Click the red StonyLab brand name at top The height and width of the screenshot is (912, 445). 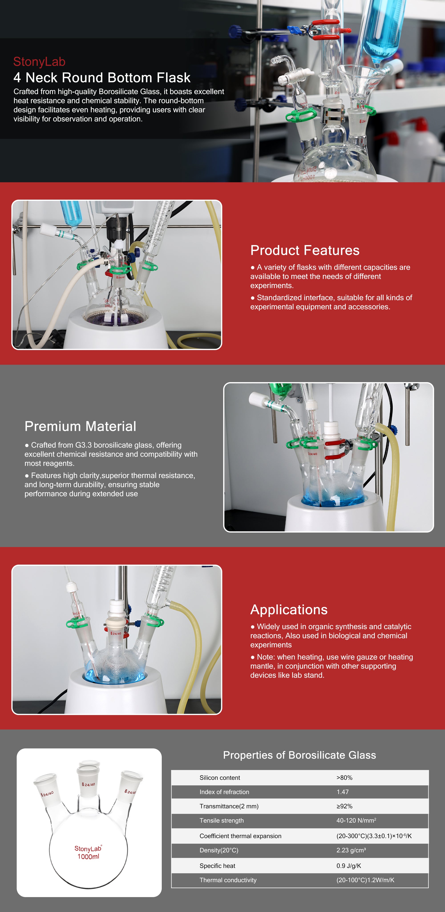[39, 62]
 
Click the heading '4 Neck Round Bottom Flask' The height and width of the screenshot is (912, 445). [102, 77]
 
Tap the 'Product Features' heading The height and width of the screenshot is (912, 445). [305, 250]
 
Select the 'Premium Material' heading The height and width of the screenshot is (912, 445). [80, 426]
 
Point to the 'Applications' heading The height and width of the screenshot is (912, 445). [289, 610]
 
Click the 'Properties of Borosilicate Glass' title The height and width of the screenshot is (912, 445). [299, 755]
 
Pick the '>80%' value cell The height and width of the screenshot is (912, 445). [344, 777]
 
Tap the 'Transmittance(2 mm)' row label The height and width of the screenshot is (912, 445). [229, 806]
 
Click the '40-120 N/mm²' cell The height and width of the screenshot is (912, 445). [356, 820]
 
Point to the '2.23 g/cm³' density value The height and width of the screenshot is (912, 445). [351, 850]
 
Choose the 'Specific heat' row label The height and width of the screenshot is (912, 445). [217, 866]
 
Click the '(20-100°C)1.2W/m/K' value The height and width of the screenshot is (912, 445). [365, 880]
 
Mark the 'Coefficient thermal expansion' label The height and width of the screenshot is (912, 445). [240, 836]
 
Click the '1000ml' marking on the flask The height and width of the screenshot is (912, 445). [88, 856]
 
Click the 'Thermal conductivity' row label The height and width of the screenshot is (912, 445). [228, 880]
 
